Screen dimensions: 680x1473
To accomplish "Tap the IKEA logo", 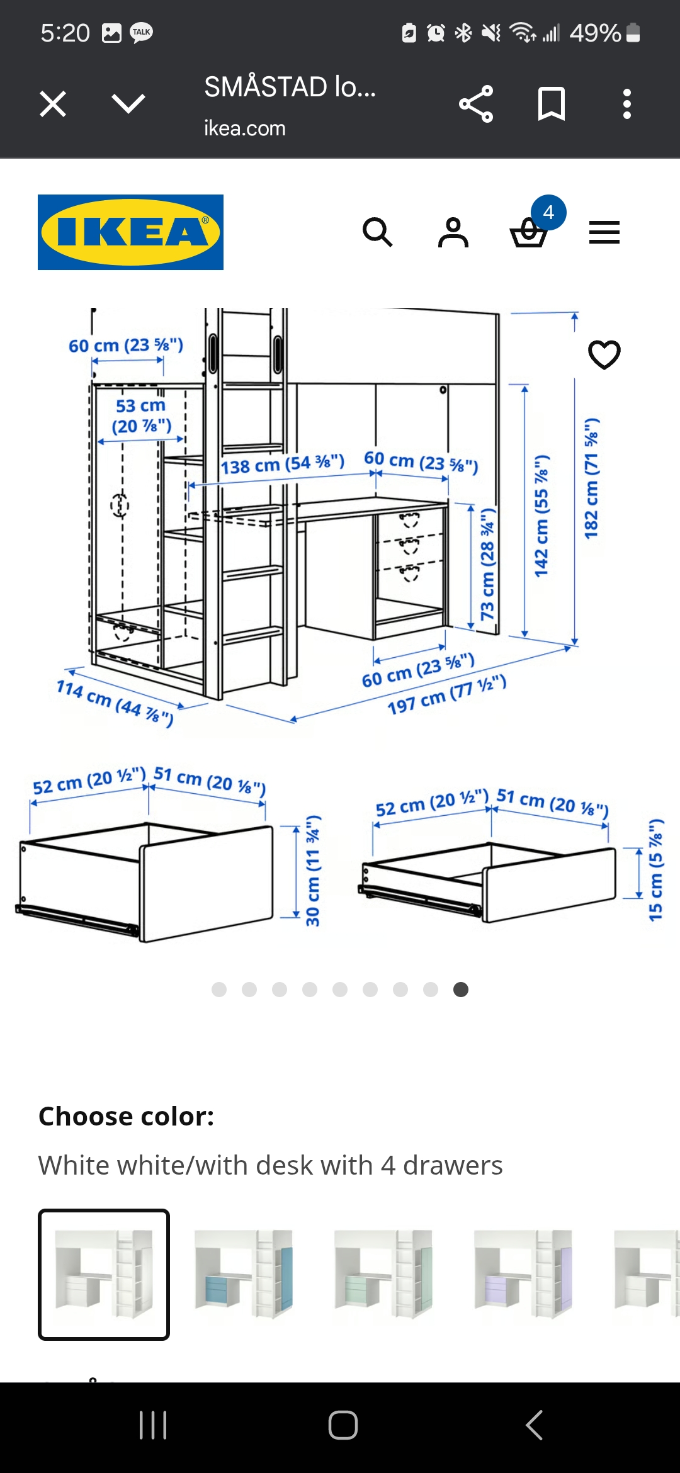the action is [130, 232].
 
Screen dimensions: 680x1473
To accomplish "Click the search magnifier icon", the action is [378, 232].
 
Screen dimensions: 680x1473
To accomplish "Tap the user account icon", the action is [453, 232].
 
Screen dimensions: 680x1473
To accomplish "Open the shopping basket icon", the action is [529, 233].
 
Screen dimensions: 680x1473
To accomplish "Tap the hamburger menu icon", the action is [604, 232].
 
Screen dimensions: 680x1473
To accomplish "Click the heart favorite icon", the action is [604, 354].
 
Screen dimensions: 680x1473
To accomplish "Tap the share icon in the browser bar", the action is [476, 104].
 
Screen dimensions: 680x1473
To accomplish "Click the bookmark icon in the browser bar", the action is [552, 104].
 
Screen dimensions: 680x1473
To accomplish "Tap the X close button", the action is [53, 104].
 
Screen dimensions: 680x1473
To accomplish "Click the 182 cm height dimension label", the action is [591, 478].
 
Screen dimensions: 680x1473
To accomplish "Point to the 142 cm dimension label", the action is [541, 516].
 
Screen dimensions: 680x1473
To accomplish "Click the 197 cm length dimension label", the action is [447, 694].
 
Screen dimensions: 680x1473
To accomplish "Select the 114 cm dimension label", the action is [115, 703].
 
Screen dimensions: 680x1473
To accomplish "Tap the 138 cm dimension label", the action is [283, 465].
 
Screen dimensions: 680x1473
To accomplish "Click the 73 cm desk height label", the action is [488, 564].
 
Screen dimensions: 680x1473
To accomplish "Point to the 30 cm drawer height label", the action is [313, 871].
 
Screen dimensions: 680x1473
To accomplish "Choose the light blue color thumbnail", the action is [244, 1275].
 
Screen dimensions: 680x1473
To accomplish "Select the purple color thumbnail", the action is [523, 1275].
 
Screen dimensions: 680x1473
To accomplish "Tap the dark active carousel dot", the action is [461, 990].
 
